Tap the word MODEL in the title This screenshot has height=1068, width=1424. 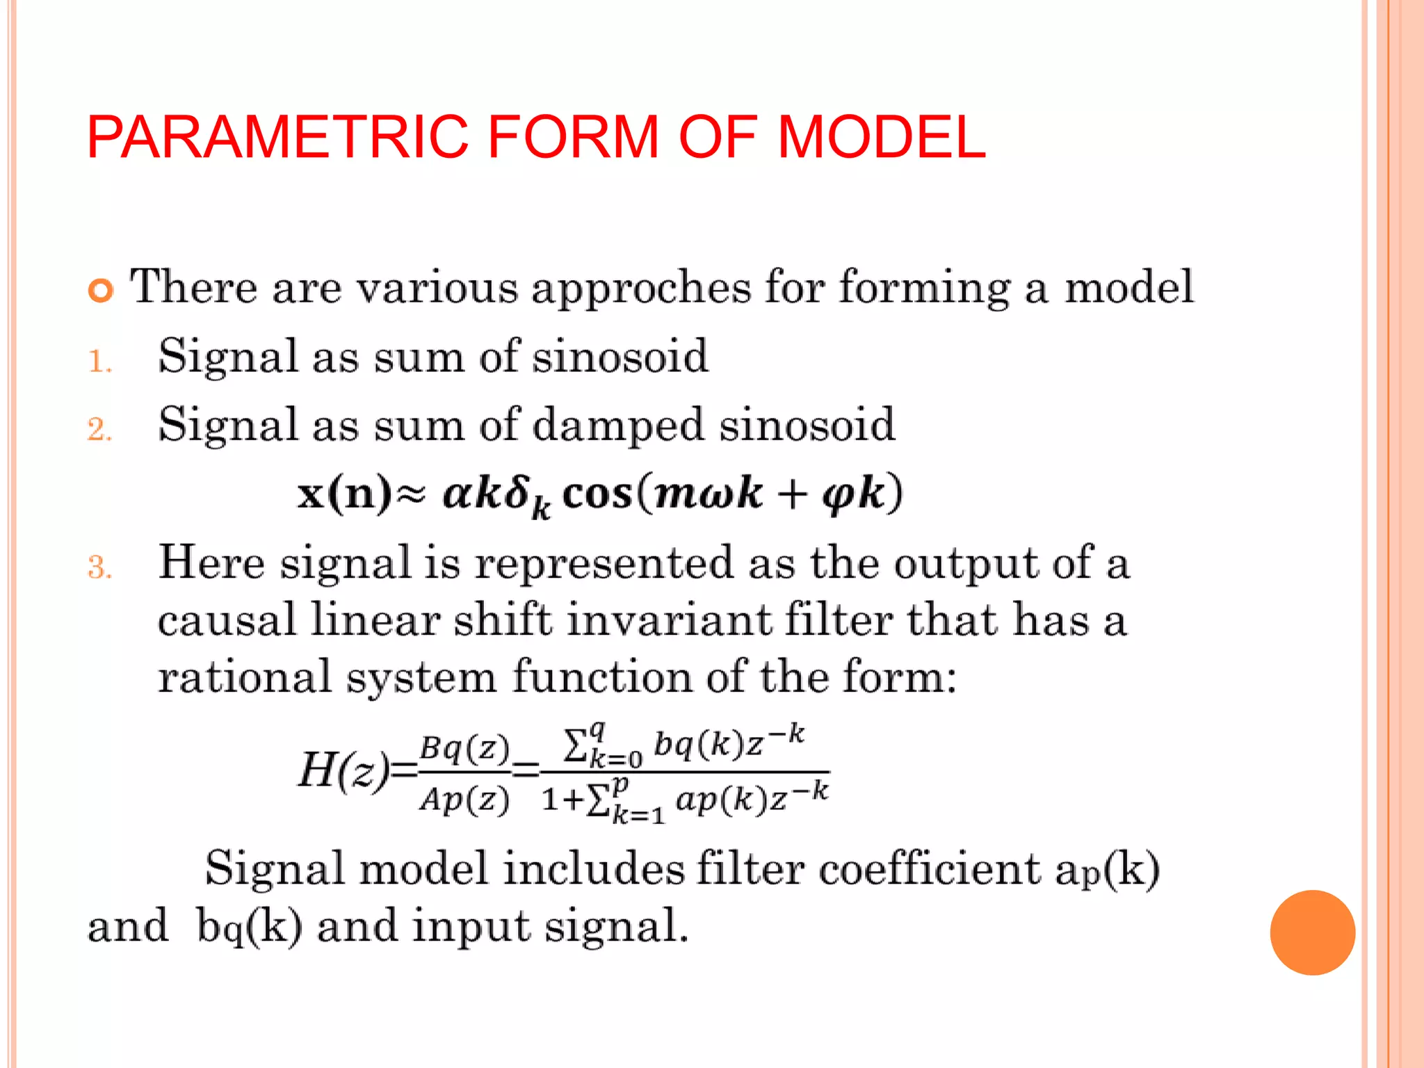[881, 137]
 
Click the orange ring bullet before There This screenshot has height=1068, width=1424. [101, 290]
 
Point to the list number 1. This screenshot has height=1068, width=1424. [99, 362]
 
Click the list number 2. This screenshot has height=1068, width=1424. [99, 430]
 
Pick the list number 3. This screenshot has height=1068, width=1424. [99, 567]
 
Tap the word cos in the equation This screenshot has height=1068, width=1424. [597, 494]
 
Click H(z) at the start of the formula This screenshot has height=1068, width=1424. [343, 770]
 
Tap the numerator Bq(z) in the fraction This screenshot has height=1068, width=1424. [464, 747]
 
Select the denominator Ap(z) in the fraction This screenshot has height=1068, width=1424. [464, 800]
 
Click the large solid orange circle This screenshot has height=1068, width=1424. [1312, 932]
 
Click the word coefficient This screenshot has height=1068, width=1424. [930, 869]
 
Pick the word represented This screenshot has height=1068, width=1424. [604, 563]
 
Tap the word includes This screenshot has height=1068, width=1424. [593, 869]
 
